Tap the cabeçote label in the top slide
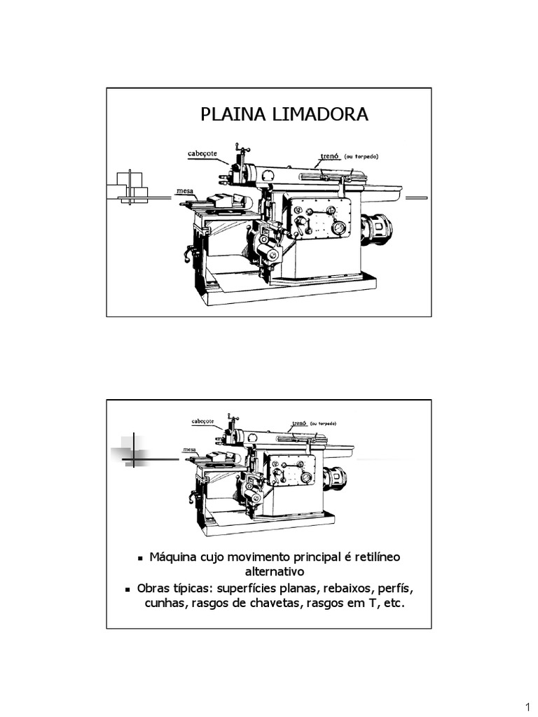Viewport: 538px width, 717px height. [202, 153]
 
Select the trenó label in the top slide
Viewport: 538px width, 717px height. [329, 157]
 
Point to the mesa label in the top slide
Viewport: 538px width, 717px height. [185, 190]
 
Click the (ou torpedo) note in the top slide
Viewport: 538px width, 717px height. [363, 157]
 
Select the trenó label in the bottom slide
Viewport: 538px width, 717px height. [299, 424]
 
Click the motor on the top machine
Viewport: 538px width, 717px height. [377, 229]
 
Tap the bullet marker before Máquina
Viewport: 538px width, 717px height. [141, 558]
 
